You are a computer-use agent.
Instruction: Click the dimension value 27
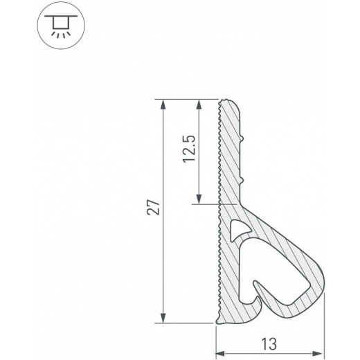click(x=153, y=207)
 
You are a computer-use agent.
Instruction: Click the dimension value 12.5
click(x=189, y=149)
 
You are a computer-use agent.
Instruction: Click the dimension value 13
click(x=269, y=344)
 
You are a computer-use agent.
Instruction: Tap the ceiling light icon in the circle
click(x=61, y=26)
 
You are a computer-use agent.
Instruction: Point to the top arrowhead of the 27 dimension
click(x=163, y=105)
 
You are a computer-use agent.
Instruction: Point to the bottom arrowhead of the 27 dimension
click(x=163, y=318)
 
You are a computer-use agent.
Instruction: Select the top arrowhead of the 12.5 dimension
click(x=199, y=105)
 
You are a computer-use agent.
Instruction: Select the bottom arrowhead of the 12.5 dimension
click(x=199, y=199)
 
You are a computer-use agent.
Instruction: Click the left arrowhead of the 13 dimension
click(x=220, y=353)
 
